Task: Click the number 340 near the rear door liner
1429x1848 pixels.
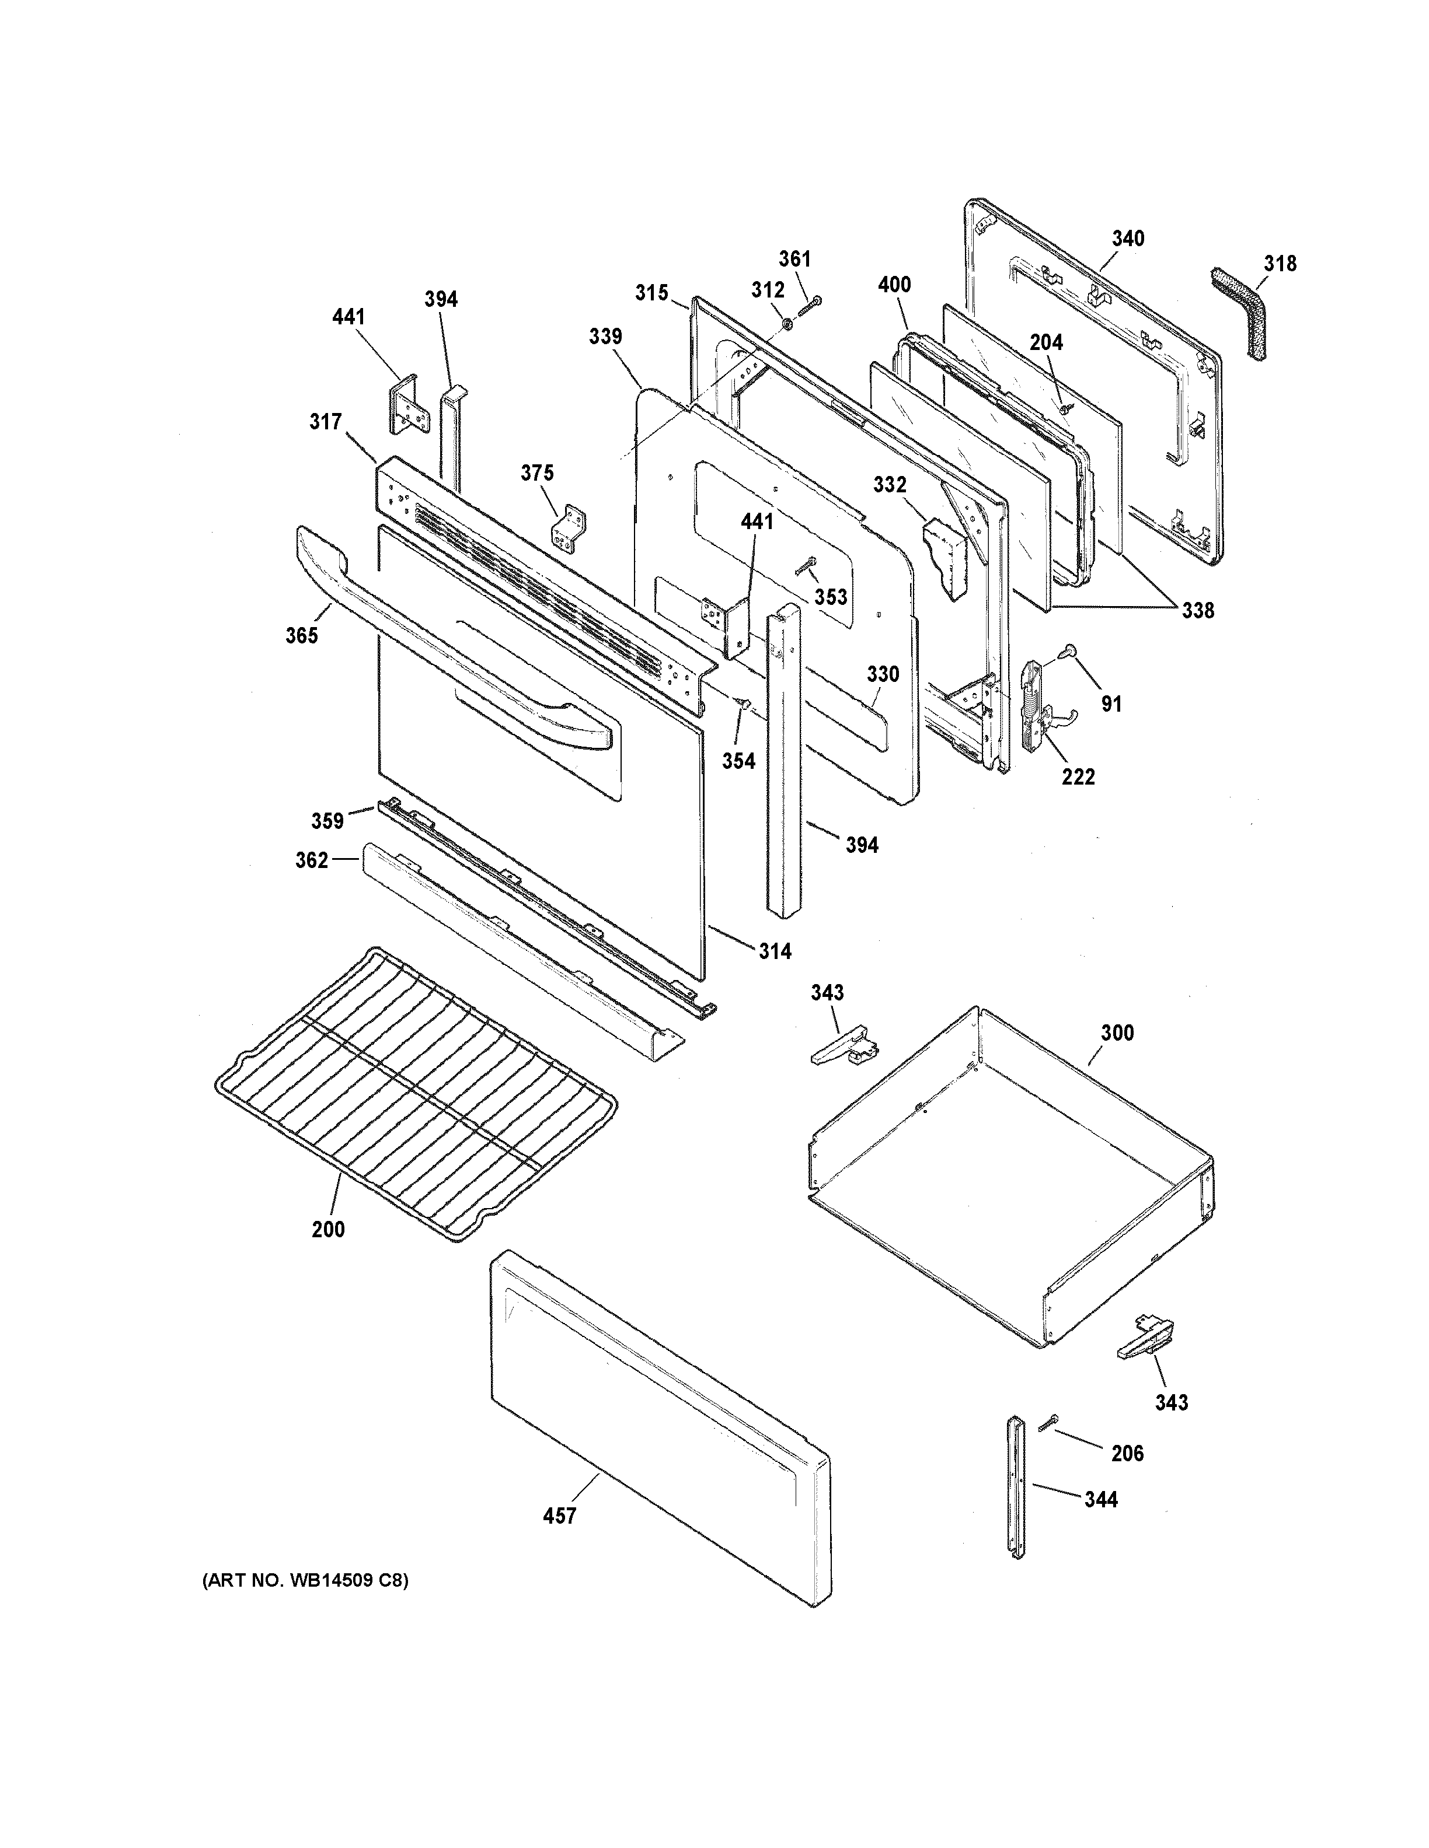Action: point(1128,239)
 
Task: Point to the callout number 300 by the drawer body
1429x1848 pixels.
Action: point(1117,1032)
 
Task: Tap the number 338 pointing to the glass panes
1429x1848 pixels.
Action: point(1197,610)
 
